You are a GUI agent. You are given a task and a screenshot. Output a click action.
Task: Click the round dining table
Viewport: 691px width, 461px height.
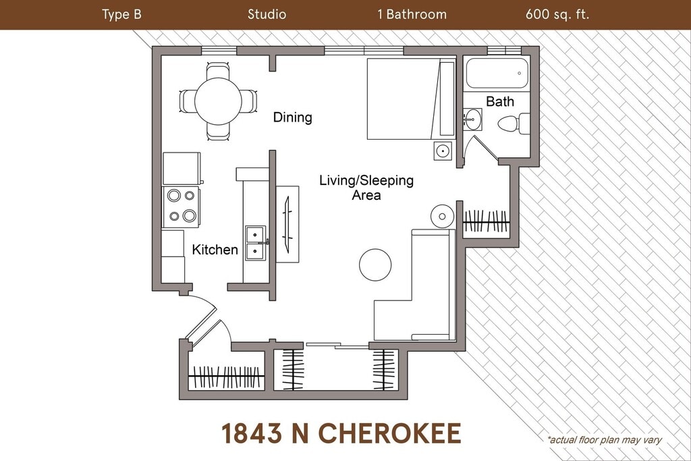(218, 101)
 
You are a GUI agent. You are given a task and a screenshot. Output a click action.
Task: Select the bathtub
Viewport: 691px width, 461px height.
(497, 73)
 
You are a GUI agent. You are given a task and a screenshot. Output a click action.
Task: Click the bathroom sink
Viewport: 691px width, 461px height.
(472, 119)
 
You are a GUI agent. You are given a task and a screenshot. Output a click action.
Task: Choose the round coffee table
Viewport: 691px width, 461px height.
(375, 265)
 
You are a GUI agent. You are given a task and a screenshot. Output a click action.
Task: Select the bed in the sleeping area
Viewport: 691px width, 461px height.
(411, 99)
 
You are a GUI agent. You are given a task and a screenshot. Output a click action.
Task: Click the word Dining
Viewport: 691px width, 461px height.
(293, 117)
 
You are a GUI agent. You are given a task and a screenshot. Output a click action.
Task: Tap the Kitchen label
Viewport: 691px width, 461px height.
(215, 250)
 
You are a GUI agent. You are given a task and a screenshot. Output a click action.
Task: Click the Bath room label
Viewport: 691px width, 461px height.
(500, 101)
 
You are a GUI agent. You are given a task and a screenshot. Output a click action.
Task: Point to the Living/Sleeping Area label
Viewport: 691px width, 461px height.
(366, 188)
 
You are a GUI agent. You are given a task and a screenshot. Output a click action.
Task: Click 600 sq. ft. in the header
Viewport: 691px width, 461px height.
(557, 15)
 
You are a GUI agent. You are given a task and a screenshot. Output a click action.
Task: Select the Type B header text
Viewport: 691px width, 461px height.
(121, 15)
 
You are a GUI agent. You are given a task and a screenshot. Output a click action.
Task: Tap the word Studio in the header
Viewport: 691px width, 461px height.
(267, 15)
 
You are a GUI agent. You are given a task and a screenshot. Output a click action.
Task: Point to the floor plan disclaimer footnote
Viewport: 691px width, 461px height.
(605, 439)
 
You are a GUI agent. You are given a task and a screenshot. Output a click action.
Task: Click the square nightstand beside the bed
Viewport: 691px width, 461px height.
(443, 151)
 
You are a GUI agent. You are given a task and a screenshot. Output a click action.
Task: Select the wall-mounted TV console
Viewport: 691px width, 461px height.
(287, 225)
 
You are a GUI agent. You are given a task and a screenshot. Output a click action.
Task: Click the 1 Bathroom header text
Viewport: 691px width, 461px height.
(412, 15)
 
